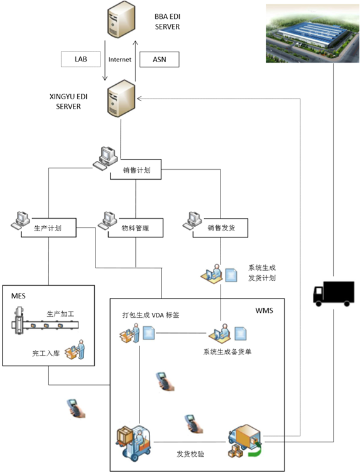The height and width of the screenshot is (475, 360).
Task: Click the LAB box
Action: pyautogui.click(x=80, y=59)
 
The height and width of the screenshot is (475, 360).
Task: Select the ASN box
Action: pyautogui.click(x=160, y=59)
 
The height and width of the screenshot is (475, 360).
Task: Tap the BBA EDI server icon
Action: pyautogui.click(x=121, y=20)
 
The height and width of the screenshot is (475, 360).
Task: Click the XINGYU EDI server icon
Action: pyautogui.click(x=121, y=99)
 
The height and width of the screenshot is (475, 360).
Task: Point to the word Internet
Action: pyautogui.click(x=120, y=60)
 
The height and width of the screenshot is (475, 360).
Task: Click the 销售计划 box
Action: pyautogui.click(x=136, y=170)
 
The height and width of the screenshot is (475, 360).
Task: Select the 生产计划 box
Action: pyautogui.click(x=48, y=228)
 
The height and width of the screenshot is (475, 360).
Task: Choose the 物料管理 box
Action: pyautogui.click(x=136, y=228)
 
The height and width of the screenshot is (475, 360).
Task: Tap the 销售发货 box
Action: pyautogui.click(x=221, y=228)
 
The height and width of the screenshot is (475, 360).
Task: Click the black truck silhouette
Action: pyautogui.click(x=334, y=293)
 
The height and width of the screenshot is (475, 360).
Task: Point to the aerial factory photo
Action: pyautogui.click(x=312, y=33)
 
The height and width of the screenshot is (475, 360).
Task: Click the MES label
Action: pyautogui.click(x=18, y=296)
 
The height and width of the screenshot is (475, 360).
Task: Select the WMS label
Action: pyautogui.click(x=265, y=310)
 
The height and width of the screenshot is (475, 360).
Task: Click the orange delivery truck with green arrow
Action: pyautogui.click(x=245, y=441)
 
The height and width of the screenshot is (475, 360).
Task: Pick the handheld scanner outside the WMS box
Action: pyautogui.click(x=76, y=408)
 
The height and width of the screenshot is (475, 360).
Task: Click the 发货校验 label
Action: pyautogui.click(x=190, y=454)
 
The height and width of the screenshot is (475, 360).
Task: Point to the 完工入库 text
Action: pyautogui.click(x=46, y=353)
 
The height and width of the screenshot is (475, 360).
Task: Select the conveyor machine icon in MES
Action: pyautogui.click(x=45, y=321)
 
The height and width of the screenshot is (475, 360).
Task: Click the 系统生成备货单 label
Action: pyautogui.click(x=227, y=352)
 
